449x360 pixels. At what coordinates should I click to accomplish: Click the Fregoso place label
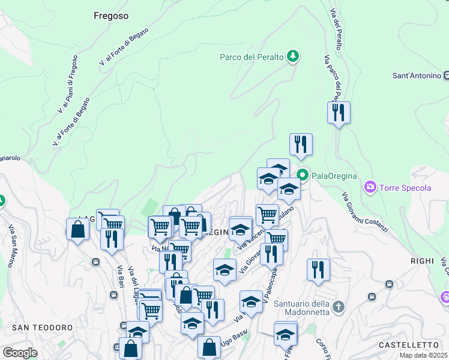click(111, 16)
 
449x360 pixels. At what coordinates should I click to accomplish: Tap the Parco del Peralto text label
click(252, 57)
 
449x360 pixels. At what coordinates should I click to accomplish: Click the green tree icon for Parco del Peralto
click(293, 56)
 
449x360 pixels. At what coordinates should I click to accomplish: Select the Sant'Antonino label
click(417, 76)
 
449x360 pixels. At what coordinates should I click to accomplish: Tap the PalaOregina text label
click(334, 176)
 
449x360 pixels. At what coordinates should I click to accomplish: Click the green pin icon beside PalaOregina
click(303, 175)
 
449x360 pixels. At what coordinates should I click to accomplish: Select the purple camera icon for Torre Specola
click(370, 188)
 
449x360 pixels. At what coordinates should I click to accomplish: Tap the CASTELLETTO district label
click(409, 345)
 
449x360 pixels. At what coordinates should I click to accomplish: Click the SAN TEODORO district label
click(43, 328)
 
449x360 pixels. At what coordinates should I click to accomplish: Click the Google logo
click(20, 352)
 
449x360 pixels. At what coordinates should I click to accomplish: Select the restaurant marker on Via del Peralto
click(339, 113)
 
